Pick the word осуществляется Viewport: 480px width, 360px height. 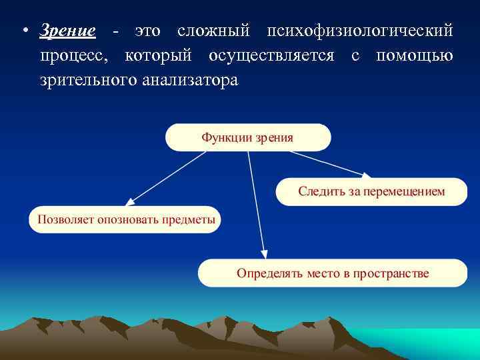point(271,56)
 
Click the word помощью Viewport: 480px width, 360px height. point(415,56)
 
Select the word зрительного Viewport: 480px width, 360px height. point(85,81)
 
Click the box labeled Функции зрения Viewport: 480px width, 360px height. point(248,137)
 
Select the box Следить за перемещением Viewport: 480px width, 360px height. point(371,191)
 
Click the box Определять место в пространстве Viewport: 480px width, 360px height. point(333,273)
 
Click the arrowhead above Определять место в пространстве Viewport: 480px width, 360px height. point(265,254)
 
